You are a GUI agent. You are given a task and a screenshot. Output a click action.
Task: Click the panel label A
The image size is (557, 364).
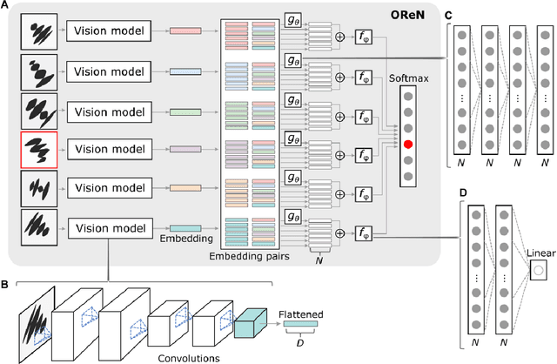(x=6, y=7)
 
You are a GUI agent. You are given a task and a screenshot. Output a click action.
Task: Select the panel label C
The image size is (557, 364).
(x=448, y=16)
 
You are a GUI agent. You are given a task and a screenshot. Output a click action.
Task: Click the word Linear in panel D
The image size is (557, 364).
(x=540, y=253)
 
